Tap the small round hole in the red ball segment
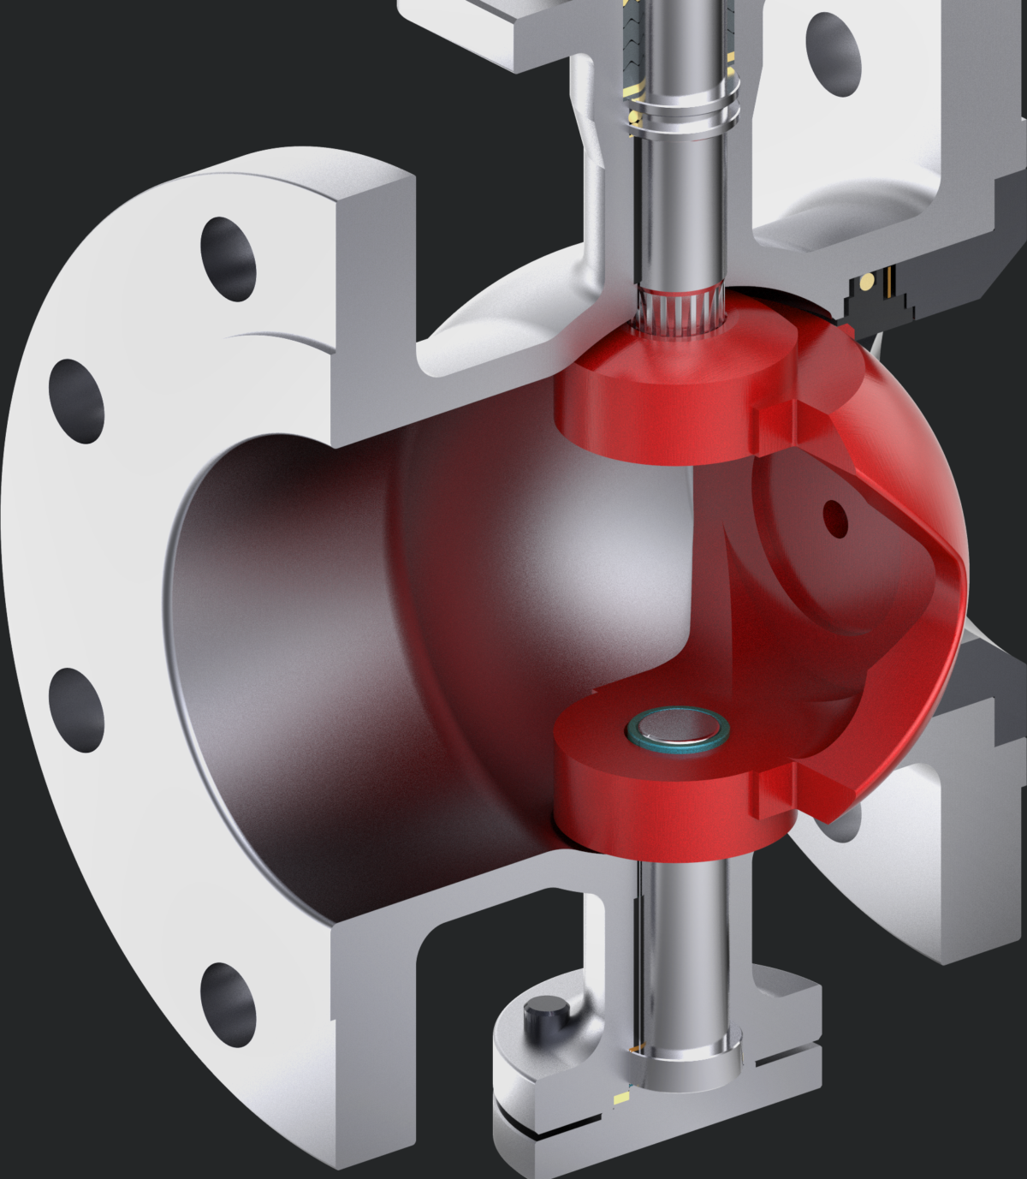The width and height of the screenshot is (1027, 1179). point(834,517)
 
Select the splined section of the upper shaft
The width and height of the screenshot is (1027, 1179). point(681,308)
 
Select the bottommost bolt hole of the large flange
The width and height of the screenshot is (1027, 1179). point(228,1003)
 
